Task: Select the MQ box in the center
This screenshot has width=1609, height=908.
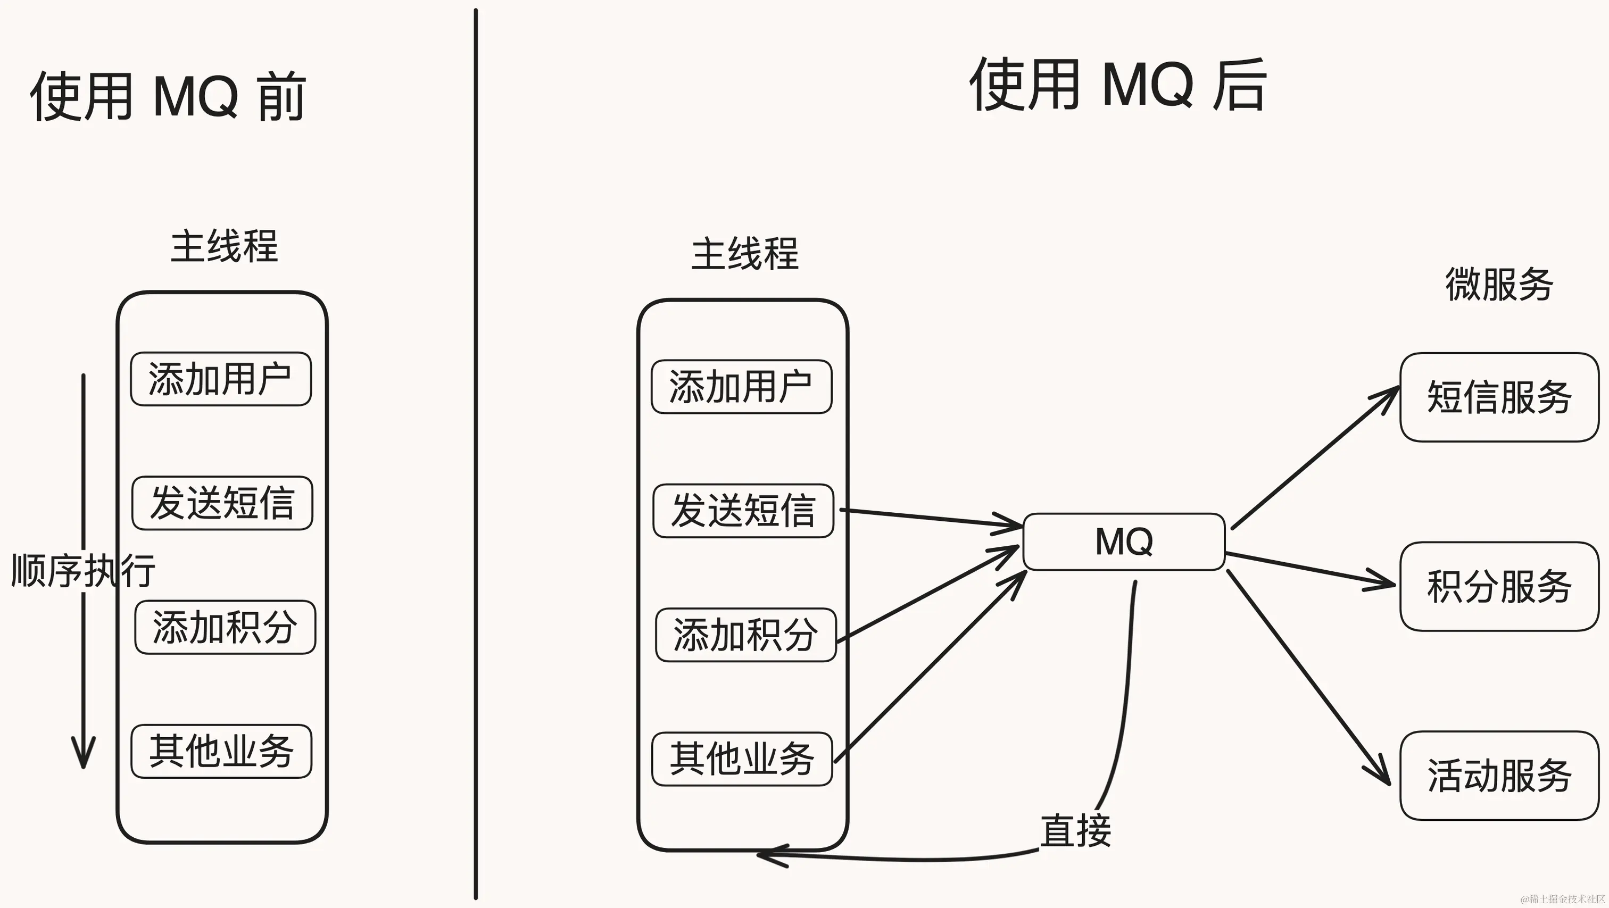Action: click(1123, 542)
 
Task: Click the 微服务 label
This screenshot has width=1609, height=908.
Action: click(1499, 284)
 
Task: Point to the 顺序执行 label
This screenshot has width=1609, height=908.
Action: click(83, 570)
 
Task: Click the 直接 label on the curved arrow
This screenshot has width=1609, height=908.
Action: click(1075, 830)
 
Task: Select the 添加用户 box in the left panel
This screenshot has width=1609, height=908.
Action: click(220, 379)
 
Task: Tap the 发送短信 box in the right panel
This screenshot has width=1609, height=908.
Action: click(743, 511)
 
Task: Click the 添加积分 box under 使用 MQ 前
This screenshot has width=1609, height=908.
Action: click(225, 627)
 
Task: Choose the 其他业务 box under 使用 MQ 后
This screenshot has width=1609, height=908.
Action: click(742, 759)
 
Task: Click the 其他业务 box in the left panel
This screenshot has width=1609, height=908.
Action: click(221, 751)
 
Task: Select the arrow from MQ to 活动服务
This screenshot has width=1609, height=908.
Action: click(1308, 678)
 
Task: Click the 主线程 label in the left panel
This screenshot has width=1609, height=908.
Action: click(223, 247)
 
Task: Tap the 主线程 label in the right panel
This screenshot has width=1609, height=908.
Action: click(744, 254)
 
